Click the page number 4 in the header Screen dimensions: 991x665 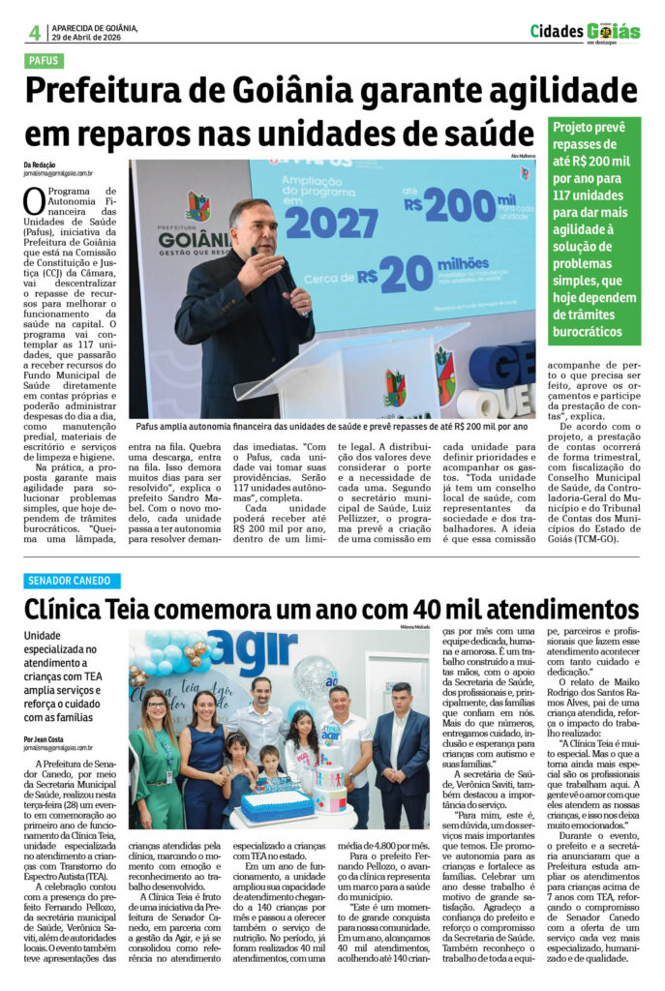[x=34, y=32]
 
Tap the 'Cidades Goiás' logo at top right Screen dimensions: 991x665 [x=585, y=32]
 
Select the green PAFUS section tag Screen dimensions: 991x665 [x=45, y=60]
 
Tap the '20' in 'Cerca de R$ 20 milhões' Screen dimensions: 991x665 [x=406, y=274]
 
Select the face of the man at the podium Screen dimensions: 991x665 [x=250, y=225]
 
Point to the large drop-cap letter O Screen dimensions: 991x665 [x=35, y=201]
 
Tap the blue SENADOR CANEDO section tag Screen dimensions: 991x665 [x=73, y=581]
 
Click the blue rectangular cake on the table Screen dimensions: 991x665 [x=278, y=803]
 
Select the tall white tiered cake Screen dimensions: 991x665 [x=329, y=789]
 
